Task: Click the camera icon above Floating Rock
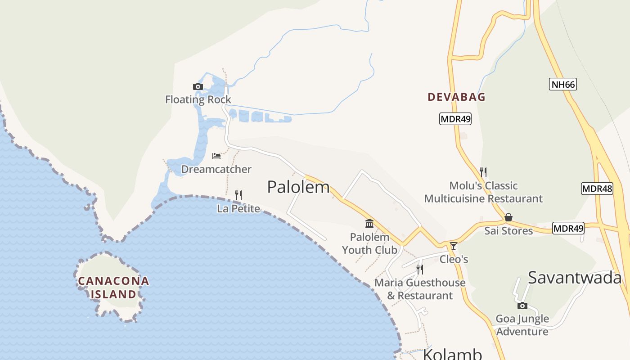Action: point(198,87)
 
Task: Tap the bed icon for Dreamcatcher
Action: point(216,156)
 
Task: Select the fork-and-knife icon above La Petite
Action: point(238,195)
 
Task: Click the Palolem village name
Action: point(298,187)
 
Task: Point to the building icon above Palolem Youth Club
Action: point(369,223)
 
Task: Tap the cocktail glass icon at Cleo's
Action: point(454,246)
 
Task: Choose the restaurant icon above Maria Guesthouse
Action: point(419,270)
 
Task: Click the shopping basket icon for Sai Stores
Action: point(508,217)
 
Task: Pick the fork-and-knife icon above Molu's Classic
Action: point(483,172)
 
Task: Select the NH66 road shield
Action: point(562,84)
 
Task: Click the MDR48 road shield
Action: point(597,189)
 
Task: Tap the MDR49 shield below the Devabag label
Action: point(455,119)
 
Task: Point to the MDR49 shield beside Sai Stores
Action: point(568,228)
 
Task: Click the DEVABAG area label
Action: point(456,97)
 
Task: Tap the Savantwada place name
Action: point(575,278)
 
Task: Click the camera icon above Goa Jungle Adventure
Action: point(522,306)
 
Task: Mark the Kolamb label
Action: point(452,354)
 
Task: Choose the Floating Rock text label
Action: point(198,99)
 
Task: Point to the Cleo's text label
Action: point(454,259)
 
